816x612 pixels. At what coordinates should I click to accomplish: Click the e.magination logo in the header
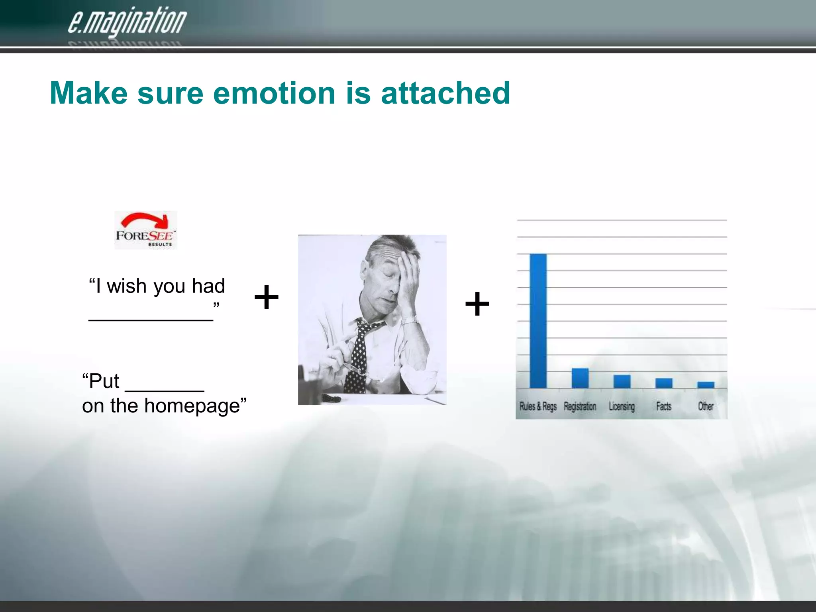coord(127,22)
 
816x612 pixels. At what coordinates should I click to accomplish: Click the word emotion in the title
coord(275,93)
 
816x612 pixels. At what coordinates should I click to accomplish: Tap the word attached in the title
coord(445,93)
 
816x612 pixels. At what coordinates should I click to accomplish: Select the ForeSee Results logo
coord(145,230)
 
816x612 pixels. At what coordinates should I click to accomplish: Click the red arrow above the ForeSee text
coord(145,221)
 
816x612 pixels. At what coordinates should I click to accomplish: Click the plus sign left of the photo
coord(266,297)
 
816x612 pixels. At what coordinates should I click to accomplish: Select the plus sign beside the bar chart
coord(477,304)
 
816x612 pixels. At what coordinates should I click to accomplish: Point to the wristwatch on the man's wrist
coord(410,320)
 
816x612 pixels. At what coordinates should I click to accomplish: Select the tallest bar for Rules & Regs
coord(538,321)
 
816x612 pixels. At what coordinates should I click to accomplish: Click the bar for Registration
coord(580,378)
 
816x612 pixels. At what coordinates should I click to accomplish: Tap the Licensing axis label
coord(622,406)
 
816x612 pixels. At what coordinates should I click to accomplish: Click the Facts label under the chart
coord(663,406)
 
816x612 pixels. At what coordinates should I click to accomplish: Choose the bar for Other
coord(706,385)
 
